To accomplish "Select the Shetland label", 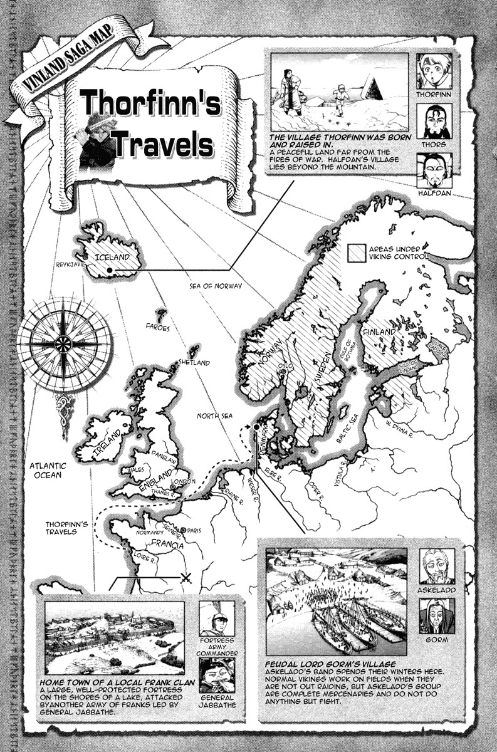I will [x=194, y=363].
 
